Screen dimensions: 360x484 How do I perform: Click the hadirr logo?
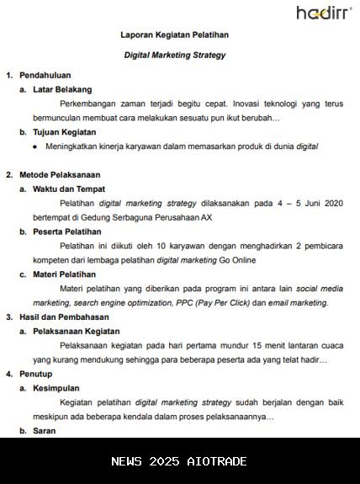324,13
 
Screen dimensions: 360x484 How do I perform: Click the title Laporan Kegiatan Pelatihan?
175,35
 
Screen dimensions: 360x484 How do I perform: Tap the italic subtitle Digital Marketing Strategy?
175,55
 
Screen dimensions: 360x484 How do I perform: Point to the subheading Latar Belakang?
62,89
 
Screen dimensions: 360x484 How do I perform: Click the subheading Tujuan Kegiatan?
64,132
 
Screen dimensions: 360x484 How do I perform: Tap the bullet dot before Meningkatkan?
35,146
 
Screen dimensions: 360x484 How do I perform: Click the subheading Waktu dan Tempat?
68,189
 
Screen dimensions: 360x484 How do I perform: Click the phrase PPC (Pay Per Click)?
209,303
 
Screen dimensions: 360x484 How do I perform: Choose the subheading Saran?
45,431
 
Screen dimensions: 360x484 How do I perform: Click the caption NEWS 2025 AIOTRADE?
179,461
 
